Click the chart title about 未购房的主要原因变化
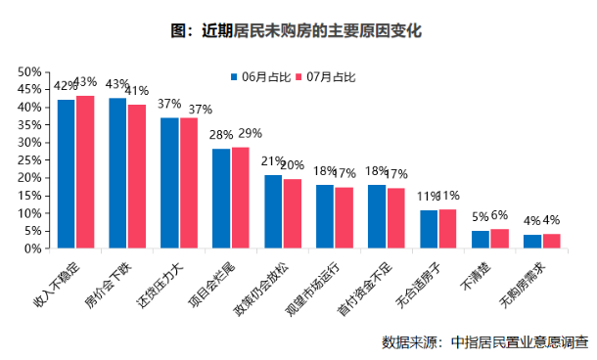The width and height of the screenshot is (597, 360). [297, 31]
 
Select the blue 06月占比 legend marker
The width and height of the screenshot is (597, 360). [234, 77]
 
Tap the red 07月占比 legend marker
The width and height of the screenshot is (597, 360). [298, 77]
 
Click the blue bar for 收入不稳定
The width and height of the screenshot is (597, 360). [67, 174]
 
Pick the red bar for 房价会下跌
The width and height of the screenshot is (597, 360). [137, 176]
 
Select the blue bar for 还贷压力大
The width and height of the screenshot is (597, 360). [169, 183]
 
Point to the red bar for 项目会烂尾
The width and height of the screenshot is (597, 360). [241, 198]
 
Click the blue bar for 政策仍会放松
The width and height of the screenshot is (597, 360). [273, 211]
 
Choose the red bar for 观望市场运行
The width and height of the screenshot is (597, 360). [344, 218]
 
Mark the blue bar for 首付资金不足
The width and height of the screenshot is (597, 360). [377, 216]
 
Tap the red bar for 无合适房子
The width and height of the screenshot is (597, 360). [448, 229]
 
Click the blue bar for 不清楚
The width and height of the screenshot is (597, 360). [481, 240]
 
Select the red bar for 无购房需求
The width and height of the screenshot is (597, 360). [552, 242]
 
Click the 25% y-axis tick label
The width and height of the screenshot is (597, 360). [29, 160]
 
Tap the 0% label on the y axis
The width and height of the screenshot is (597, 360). [32, 248]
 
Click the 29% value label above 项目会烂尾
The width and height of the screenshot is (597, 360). [251, 134]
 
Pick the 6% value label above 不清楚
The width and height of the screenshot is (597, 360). [499, 215]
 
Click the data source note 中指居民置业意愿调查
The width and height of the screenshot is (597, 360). [520, 342]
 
